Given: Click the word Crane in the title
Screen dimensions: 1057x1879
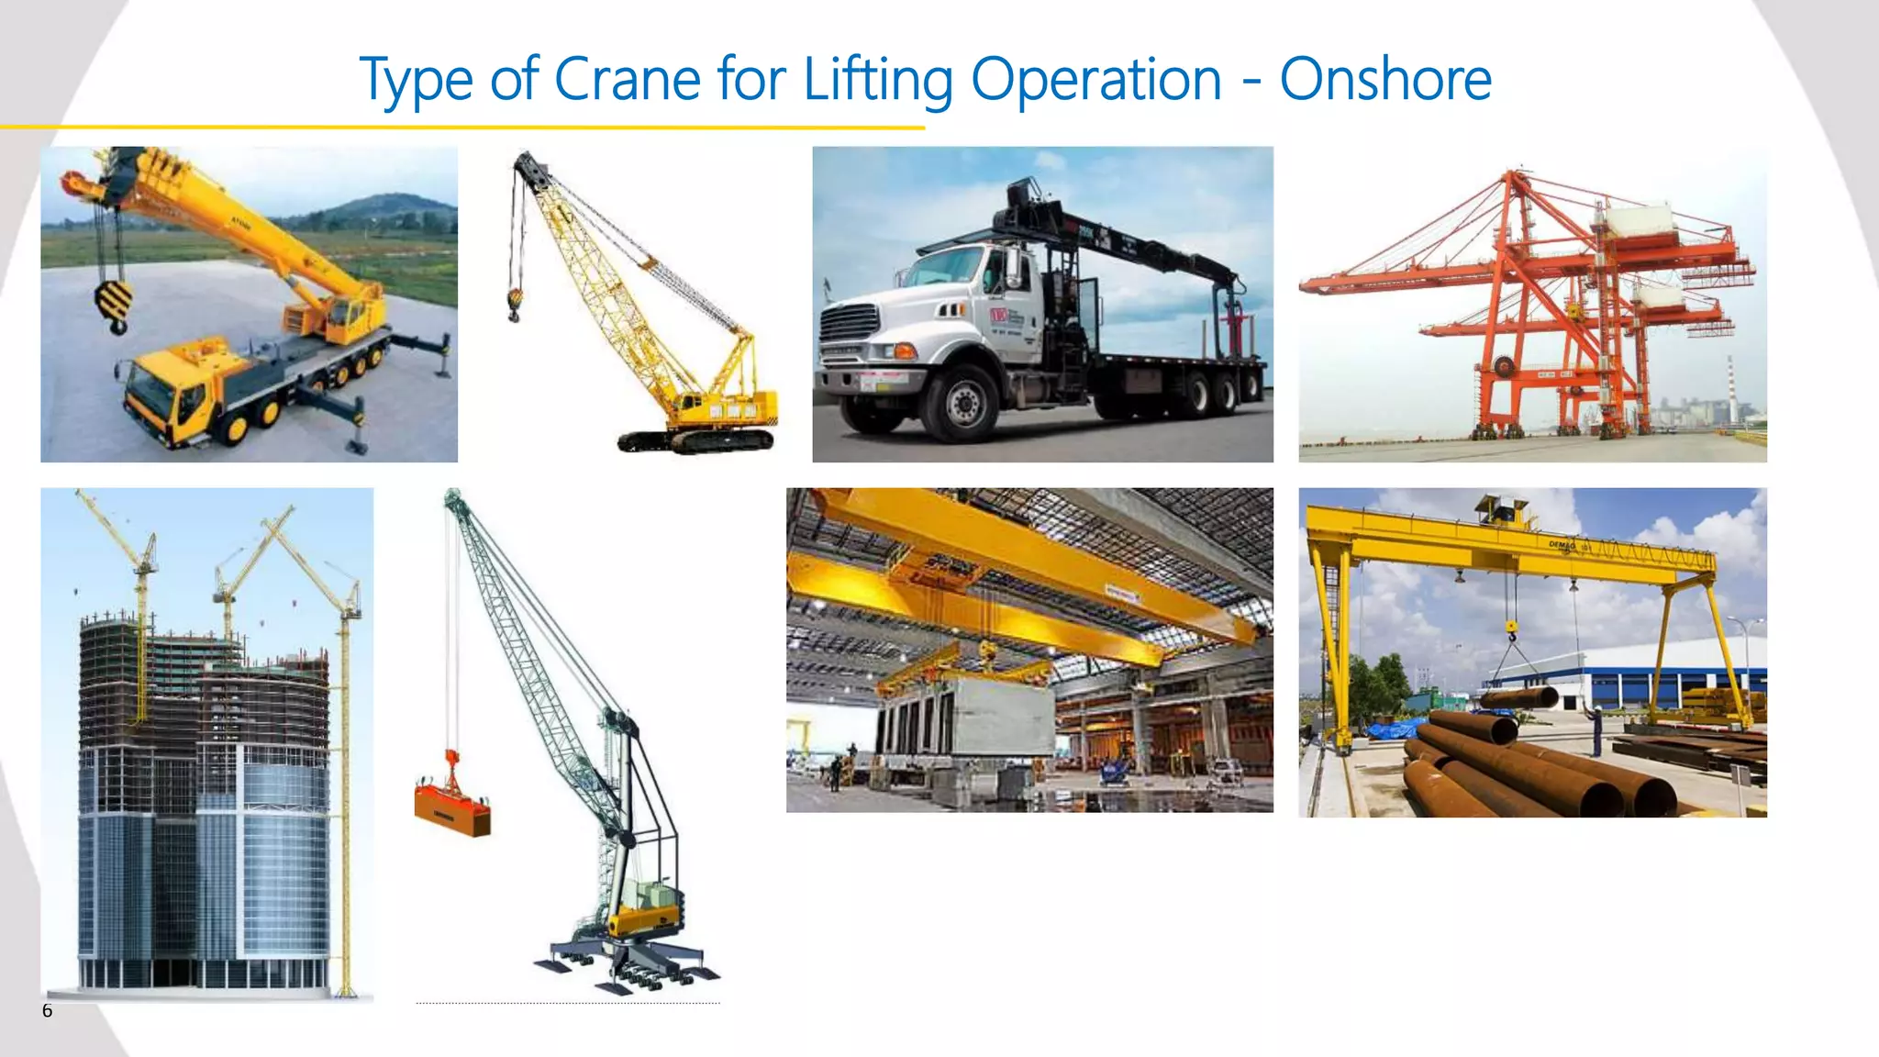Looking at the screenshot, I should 628,80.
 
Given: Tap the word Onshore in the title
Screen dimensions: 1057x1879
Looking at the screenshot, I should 1385,80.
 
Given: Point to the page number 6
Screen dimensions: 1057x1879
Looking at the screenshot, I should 48,1011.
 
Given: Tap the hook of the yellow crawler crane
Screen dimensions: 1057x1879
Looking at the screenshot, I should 515,304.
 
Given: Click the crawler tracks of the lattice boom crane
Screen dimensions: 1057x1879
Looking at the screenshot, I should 697,441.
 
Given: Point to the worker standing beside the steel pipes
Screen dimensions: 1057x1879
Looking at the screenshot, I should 1597,729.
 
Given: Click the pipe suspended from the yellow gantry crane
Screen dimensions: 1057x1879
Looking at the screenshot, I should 1518,697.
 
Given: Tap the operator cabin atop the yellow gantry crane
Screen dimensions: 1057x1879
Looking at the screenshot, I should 1501,508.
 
